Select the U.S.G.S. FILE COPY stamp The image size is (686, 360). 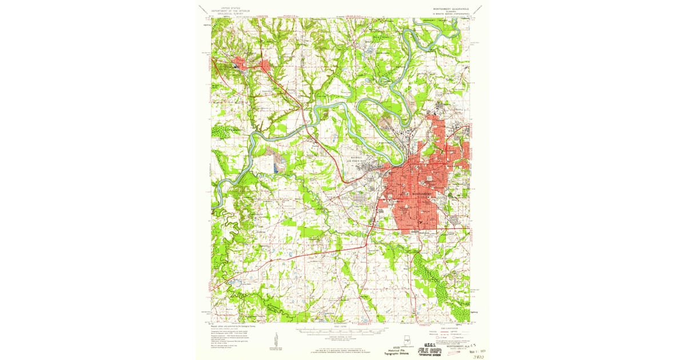434,346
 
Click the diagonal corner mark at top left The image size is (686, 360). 202,8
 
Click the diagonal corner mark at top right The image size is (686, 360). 482,8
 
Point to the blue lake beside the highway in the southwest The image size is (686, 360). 234,282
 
